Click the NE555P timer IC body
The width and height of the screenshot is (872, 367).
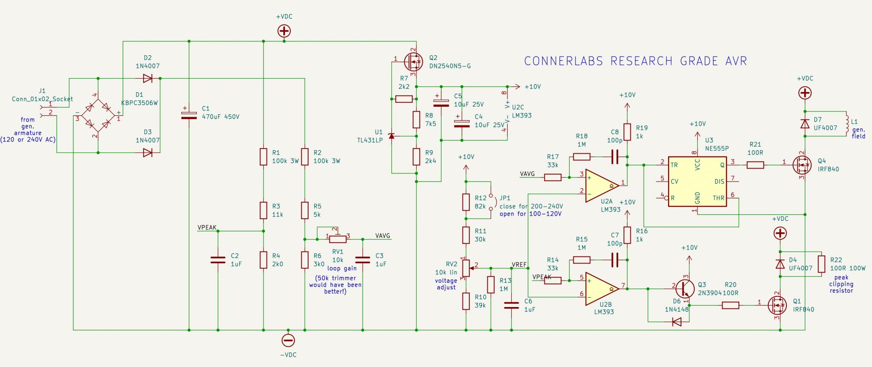697,182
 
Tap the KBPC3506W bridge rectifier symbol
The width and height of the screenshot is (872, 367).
98,115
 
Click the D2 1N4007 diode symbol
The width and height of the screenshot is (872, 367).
148,78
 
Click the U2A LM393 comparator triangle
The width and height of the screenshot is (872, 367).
601,186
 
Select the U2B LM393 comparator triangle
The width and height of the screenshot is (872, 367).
601,289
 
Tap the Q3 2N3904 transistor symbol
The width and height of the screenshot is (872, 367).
684,289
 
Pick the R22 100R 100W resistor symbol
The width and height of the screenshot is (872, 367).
822,264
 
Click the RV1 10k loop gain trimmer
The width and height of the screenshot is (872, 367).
337,239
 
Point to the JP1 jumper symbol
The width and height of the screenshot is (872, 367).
491,202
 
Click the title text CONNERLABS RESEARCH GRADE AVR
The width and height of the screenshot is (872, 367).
635,61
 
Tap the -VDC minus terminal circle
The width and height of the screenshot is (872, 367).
288,340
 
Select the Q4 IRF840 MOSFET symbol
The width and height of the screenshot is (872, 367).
802,165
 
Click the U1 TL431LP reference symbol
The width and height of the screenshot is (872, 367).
392,136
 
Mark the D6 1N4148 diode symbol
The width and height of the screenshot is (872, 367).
677,322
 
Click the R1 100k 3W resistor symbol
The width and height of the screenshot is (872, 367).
264,156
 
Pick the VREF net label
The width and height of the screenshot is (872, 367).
519,265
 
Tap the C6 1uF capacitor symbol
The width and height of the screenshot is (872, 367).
511,305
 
